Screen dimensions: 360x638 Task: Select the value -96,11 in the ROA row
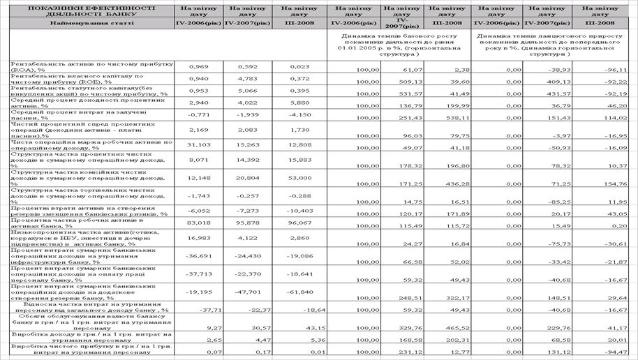click(x=614, y=70)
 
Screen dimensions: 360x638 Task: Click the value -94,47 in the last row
click(x=614, y=353)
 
